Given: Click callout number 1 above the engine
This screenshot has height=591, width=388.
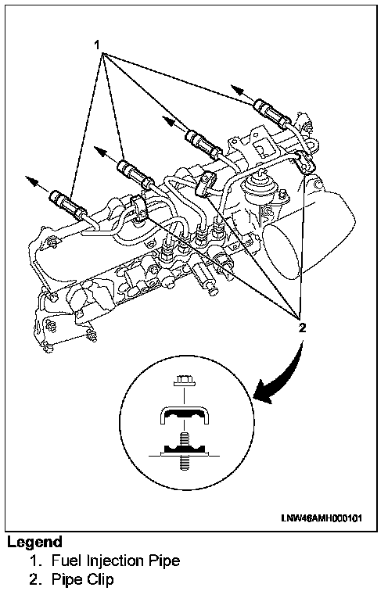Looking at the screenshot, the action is click(97, 45).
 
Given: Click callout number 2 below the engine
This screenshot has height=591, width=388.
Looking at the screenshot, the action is click(302, 328).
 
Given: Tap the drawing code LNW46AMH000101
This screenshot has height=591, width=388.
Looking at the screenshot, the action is click(322, 518).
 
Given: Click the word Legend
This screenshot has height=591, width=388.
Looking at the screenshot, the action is click(34, 542).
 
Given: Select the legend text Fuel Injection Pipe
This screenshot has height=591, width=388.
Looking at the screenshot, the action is click(115, 561).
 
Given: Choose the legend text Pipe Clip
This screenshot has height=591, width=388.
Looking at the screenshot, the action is click(82, 579).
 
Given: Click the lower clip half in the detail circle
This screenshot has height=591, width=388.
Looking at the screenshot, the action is click(184, 449).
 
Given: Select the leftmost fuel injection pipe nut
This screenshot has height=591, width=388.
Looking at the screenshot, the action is click(65, 203).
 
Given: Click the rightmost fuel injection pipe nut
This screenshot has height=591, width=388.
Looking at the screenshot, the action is click(270, 111).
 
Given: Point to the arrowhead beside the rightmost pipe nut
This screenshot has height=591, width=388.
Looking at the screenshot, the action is click(238, 90).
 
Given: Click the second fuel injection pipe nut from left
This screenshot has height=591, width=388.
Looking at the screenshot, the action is click(133, 172).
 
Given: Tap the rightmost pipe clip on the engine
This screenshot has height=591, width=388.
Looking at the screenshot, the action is click(305, 162).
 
